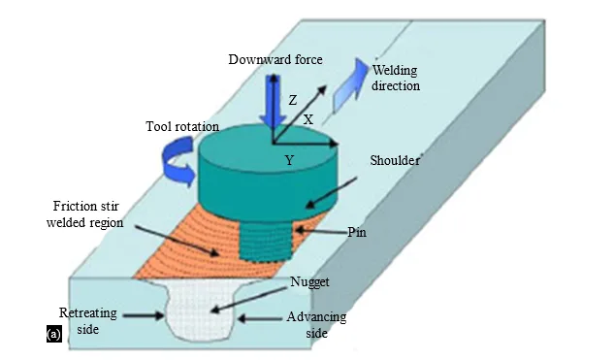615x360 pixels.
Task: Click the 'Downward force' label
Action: click(x=275, y=59)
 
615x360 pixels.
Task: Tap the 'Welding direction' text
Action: click(x=396, y=78)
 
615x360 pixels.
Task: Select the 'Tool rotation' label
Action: click(x=182, y=126)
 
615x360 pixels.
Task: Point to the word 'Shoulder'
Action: click(x=395, y=160)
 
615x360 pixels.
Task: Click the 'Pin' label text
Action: click(x=357, y=232)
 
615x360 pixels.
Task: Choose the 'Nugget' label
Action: click(x=309, y=282)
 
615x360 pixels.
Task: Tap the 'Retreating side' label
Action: click(x=88, y=321)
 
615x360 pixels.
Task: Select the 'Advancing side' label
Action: click(x=316, y=325)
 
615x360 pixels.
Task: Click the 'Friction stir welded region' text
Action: click(x=85, y=214)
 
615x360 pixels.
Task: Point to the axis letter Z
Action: click(x=293, y=101)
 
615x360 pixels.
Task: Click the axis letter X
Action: click(x=308, y=119)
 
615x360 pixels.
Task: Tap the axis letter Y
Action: click(x=289, y=160)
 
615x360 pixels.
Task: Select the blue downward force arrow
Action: click(x=272, y=102)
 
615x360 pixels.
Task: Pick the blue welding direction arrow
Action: click(x=350, y=84)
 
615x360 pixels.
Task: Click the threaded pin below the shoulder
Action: click(x=265, y=240)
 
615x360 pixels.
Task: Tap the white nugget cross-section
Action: click(x=201, y=308)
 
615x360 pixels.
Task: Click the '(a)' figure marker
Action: click(x=54, y=335)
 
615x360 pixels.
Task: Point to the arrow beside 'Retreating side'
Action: click(x=144, y=315)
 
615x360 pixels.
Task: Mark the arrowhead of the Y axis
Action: click(x=334, y=144)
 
